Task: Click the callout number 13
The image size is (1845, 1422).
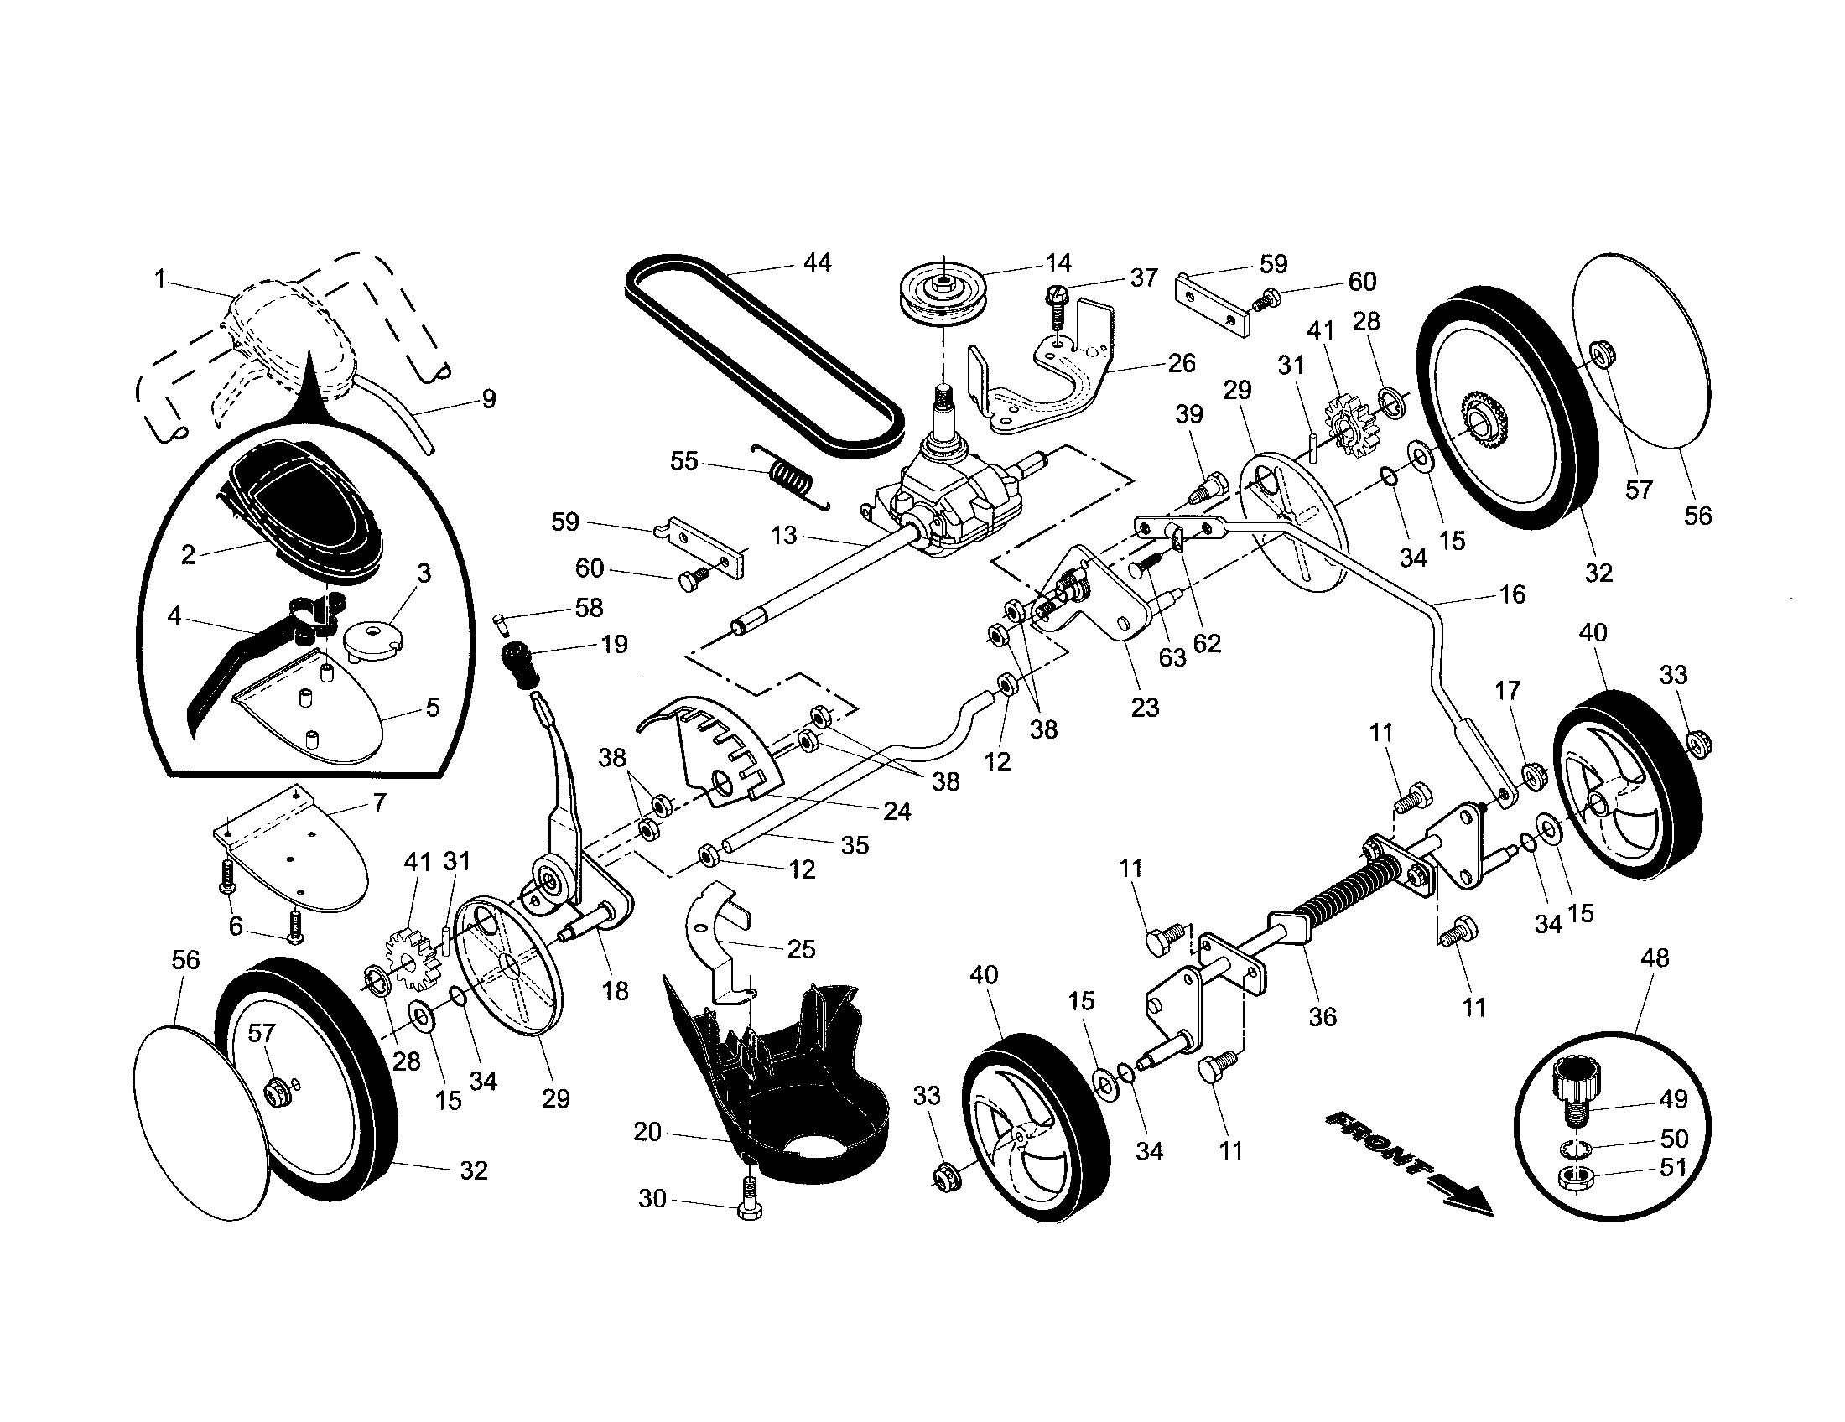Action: (x=784, y=536)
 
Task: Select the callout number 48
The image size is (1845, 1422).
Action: (x=1655, y=958)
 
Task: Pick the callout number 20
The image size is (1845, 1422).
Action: (x=647, y=1132)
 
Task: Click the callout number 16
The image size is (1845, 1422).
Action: (x=1512, y=594)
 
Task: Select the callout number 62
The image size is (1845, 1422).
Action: (x=1207, y=643)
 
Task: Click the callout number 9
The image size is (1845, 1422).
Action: (x=488, y=398)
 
